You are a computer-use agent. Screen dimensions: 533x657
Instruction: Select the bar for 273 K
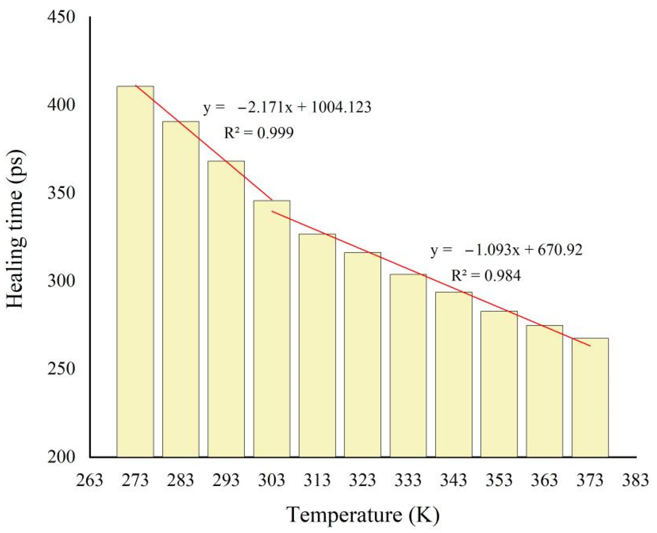click(x=135, y=272)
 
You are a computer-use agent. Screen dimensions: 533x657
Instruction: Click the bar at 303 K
click(x=272, y=329)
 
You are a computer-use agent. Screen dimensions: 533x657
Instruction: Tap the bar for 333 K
click(x=408, y=365)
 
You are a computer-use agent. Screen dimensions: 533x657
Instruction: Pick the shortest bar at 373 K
click(x=590, y=397)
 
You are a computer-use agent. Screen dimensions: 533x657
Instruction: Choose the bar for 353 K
click(x=499, y=384)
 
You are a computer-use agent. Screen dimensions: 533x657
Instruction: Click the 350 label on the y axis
click(x=61, y=193)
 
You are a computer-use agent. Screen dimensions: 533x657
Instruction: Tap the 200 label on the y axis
click(x=61, y=457)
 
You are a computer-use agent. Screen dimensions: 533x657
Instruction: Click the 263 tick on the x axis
click(x=90, y=480)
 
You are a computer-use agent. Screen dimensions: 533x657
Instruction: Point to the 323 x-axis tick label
click(x=362, y=480)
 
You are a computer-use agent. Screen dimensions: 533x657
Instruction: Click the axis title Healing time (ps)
click(x=15, y=229)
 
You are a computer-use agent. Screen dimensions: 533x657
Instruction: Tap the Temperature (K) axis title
click(x=363, y=515)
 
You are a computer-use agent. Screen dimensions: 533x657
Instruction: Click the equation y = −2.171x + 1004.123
click(x=287, y=108)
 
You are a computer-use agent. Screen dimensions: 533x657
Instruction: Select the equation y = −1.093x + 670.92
click(x=506, y=250)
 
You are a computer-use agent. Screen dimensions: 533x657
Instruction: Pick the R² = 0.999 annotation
click(x=259, y=133)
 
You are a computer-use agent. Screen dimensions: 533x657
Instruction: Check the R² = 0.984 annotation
click(x=486, y=275)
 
